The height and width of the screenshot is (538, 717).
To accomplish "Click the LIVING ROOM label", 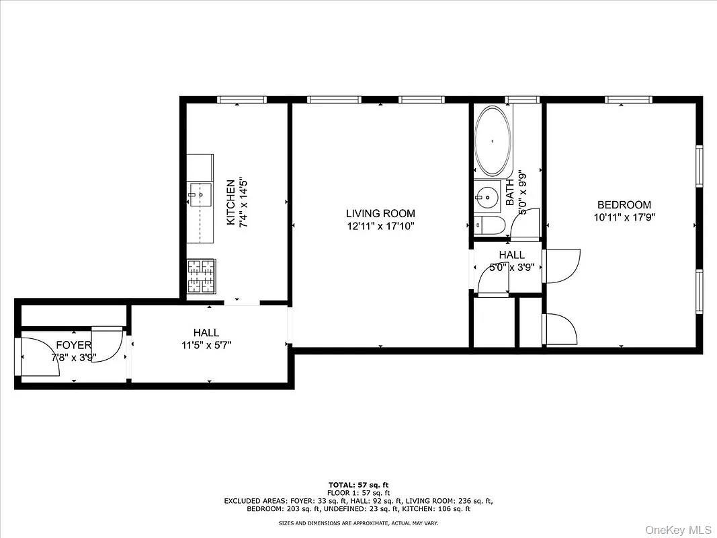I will pos(380,214).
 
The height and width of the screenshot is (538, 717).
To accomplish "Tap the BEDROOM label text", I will pos(624,205).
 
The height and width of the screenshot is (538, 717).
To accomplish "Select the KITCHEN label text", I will pos(230,202).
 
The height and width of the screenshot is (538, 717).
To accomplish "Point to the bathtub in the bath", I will pos(493,141).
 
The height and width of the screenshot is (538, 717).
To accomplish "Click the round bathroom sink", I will pos(485,198).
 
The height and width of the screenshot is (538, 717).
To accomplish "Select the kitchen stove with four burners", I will pos(200,277).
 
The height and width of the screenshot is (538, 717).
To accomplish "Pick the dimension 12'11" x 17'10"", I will pos(380,227).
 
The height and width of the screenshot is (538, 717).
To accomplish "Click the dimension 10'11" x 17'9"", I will pos(624,217).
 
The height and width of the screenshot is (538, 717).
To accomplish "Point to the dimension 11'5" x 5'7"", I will pos(206,345).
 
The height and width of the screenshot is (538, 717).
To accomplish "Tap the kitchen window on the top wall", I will pos(242,100).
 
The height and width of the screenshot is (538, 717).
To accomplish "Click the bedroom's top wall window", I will pos(628,100).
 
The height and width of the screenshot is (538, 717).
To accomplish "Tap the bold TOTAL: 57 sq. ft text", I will pos(358,485).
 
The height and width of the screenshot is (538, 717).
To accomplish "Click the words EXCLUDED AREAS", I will pos(254,501).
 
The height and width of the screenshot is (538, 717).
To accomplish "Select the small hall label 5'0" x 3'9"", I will pos(512,267).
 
